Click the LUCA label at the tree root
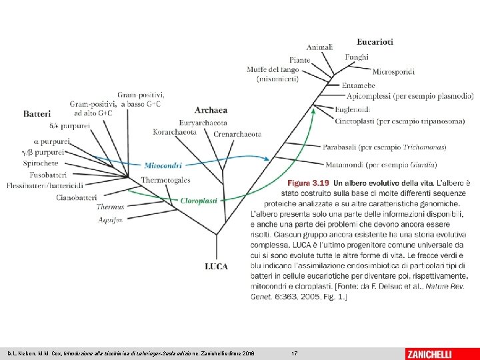tap(216, 267)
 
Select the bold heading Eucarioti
tap(375, 41)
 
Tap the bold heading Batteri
tap(37, 114)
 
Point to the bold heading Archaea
tap(211, 109)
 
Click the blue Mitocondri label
tap(163, 164)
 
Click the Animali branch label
tap(320, 47)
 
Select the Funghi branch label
tap(357, 57)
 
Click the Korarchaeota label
tap(175, 132)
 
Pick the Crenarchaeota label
tap(237, 134)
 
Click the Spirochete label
tap(41, 163)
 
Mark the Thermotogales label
tap(165, 180)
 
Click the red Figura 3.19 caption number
tap(309, 181)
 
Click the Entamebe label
tap(358, 85)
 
